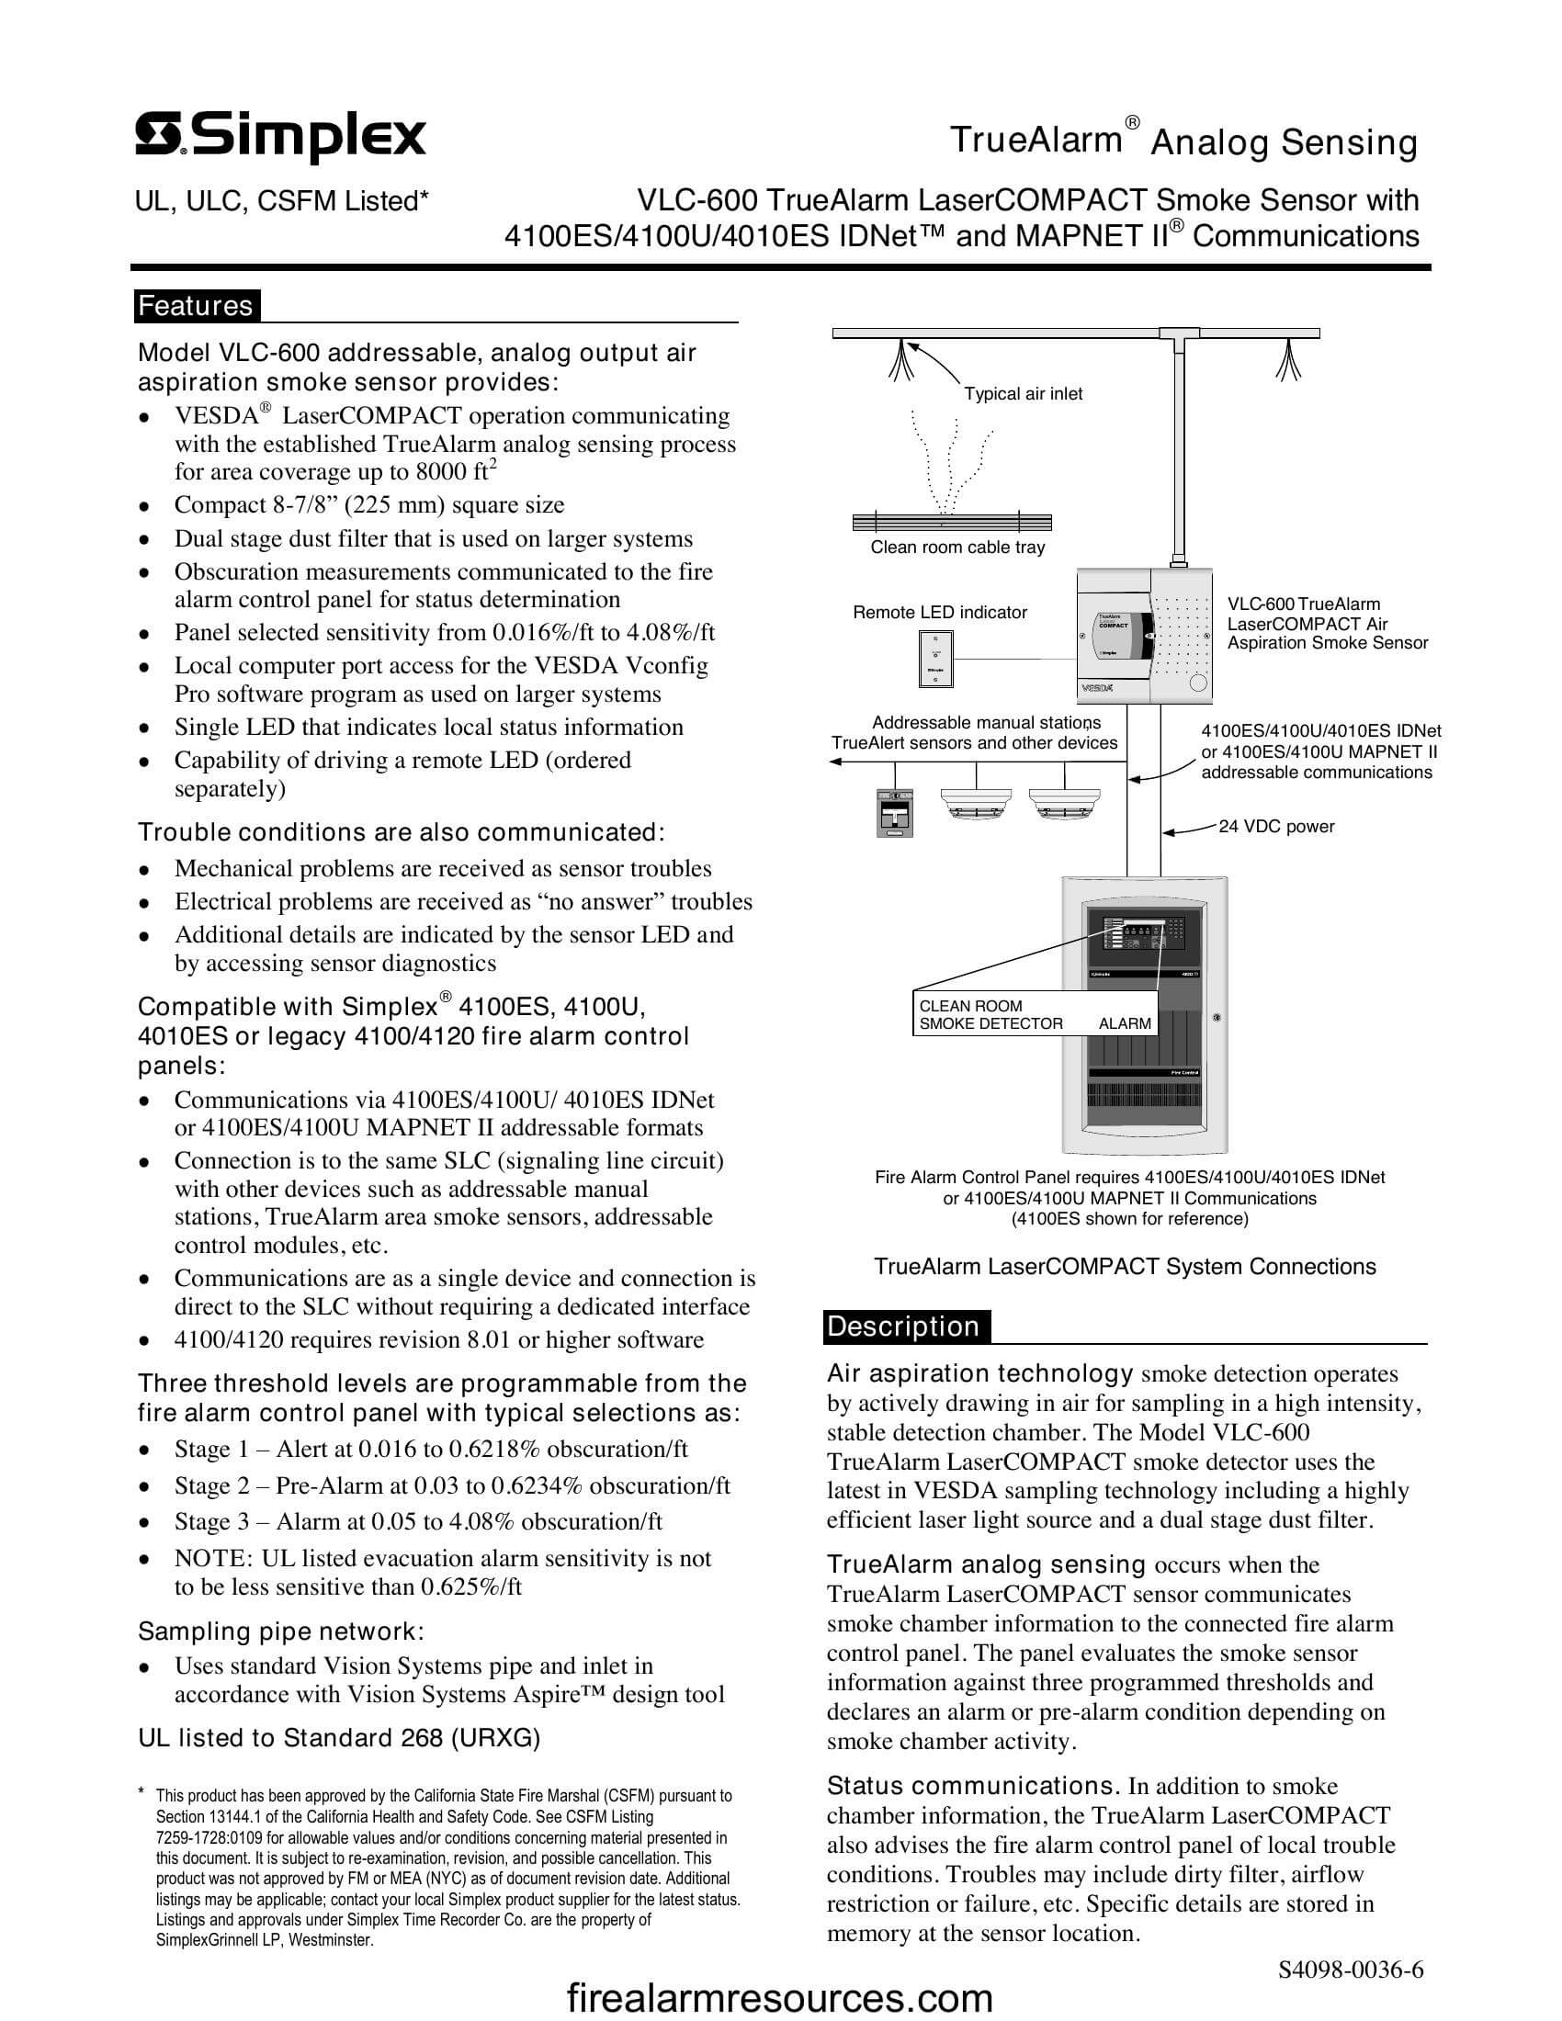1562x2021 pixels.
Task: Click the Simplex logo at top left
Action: (280, 138)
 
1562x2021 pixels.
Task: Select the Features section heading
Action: (195, 305)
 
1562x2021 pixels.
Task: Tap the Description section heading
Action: (903, 1326)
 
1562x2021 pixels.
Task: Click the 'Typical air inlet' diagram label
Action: (1023, 393)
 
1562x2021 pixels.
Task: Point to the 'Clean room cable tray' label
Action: (956, 547)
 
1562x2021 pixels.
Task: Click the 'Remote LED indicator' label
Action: (939, 612)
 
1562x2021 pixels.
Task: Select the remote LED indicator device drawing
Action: (935, 659)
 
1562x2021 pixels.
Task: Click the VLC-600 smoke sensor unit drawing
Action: (1144, 636)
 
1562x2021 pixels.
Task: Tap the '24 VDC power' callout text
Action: (1276, 827)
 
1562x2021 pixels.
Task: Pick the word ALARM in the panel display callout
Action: (1125, 1023)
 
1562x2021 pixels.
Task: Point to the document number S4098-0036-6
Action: (1350, 1970)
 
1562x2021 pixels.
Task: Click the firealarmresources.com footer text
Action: (779, 1999)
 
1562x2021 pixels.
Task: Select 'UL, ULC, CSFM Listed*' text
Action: (282, 201)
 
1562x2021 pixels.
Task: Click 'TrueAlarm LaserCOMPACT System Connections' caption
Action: (1125, 1267)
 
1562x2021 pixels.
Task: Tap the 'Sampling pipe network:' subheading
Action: (281, 1631)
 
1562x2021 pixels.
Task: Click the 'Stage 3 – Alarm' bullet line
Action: (418, 1521)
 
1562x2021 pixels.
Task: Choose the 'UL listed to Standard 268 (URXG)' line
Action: (339, 1738)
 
